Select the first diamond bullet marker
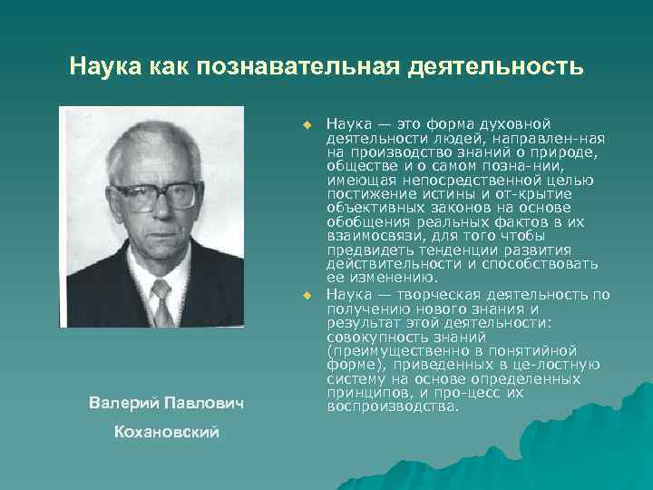coord(307,122)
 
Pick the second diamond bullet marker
coord(307,295)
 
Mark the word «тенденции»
coord(448,251)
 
